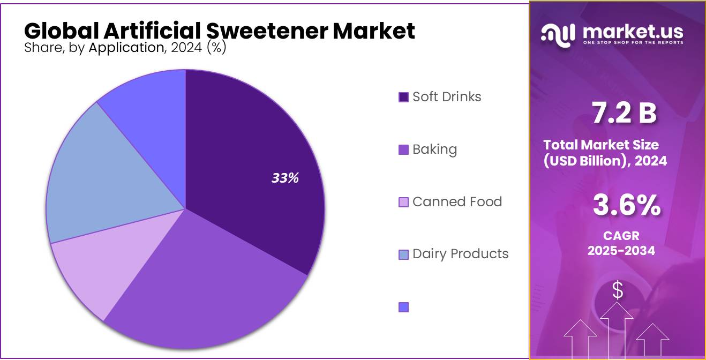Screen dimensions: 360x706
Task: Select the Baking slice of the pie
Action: (209, 289)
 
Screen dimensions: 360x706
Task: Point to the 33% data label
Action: (284, 178)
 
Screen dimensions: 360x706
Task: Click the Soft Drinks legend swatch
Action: (404, 97)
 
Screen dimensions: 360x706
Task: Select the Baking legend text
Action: (434, 149)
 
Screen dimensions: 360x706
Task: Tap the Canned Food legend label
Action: (457, 202)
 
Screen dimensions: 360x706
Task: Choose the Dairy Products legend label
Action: (460, 253)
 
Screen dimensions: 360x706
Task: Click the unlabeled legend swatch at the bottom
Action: (404, 307)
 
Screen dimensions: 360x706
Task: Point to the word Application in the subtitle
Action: (125, 48)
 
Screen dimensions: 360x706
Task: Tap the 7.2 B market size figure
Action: (624, 114)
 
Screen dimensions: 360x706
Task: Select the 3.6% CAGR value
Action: (626, 206)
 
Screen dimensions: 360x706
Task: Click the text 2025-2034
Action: (621, 250)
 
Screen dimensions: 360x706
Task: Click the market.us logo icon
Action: (558, 34)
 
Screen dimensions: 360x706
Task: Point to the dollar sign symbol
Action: (618, 290)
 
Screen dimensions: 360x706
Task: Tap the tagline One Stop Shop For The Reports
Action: (633, 42)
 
